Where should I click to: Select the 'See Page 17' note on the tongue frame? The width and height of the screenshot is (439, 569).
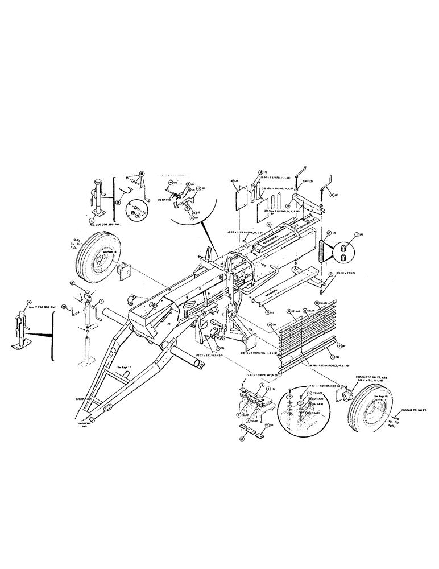(x=123, y=368)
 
